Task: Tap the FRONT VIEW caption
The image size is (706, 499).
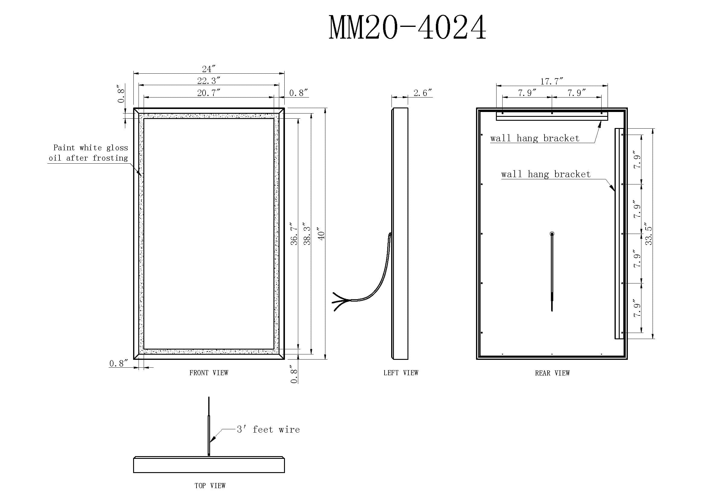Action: [x=209, y=373]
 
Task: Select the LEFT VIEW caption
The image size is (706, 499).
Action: [x=401, y=373]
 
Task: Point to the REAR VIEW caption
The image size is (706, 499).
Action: [x=552, y=373]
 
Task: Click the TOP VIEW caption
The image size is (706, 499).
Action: [x=210, y=486]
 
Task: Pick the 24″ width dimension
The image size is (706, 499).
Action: [x=209, y=69]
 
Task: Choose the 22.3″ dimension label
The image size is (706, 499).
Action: [x=209, y=81]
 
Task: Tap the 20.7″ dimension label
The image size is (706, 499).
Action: [x=209, y=93]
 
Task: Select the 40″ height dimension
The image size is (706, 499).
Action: [x=321, y=234]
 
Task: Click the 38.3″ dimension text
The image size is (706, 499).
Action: [x=307, y=234]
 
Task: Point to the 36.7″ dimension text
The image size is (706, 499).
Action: [x=294, y=234]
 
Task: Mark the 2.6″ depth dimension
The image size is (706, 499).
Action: [x=423, y=93]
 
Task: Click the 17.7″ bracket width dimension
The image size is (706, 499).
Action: [x=552, y=81]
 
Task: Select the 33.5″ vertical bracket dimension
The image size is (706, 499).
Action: [x=648, y=234]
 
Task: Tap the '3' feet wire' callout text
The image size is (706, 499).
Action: [x=268, y=430]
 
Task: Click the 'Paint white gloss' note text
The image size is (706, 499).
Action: [x=91, y=148]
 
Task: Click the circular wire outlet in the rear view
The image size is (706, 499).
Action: [x=552, y=234]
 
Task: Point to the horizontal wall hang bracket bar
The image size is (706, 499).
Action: [x=552, y=116]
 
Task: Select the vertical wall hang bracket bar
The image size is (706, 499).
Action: [x=619, y=234]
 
